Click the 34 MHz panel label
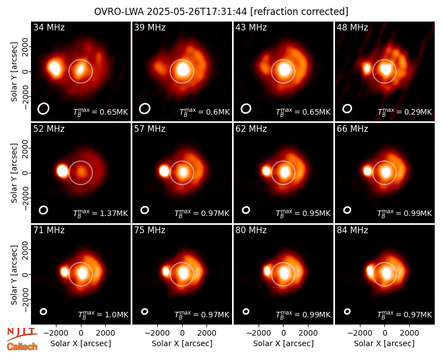(49, 27)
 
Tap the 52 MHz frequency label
(49, 129)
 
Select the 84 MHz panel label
(352, 230)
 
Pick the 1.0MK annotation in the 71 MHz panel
(117, 315)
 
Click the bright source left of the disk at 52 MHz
(62, 171)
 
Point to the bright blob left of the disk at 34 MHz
(55, 68)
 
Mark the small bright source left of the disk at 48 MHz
(367, 69)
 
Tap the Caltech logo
(22, 347)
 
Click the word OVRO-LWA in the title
(119, 12)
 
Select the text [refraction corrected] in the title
(299, 12)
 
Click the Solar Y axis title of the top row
(14, 72)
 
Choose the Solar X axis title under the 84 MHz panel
(384, 343)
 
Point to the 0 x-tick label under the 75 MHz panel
(182, 333)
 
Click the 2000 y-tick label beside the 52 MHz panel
(25, 148)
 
